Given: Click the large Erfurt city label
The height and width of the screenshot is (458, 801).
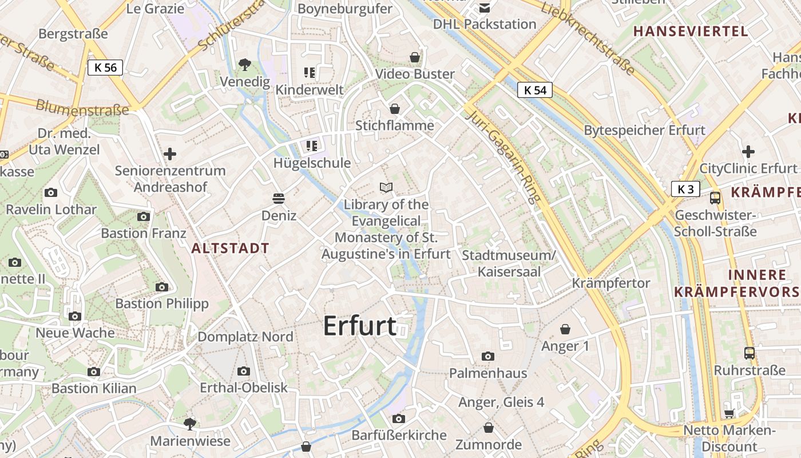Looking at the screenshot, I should [360, 326].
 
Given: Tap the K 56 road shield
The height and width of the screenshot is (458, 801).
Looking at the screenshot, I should [105, 68].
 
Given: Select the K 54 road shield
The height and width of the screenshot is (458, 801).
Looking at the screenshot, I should [535, 90].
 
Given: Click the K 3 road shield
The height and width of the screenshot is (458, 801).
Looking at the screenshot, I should [685, 189].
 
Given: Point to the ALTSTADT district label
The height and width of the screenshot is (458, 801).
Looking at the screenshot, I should [230, 248].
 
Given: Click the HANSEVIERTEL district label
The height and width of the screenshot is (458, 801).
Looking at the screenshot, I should [691, 31].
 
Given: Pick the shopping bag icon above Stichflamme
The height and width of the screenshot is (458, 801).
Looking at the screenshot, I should [395, 109].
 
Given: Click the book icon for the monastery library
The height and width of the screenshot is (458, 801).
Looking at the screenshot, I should [387, 187].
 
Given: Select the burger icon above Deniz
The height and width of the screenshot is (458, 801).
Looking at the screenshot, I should [279, 199].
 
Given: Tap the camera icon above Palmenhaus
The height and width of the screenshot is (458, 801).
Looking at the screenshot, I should [487, 356].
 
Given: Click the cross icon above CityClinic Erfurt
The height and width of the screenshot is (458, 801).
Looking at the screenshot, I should [748, 152].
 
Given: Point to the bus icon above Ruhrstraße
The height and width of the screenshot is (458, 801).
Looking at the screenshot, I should [749, 353].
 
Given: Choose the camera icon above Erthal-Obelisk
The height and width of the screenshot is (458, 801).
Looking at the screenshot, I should [243, 371].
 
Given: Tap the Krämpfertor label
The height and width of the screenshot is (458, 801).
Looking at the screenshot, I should [611, 283].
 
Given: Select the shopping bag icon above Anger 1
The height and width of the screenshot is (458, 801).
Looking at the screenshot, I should [565, 329].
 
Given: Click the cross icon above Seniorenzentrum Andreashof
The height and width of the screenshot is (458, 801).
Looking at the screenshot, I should [169, 154].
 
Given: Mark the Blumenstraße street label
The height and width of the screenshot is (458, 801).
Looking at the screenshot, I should [82, 108].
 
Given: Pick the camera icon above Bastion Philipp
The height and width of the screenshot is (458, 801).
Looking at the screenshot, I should [162, 287].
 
